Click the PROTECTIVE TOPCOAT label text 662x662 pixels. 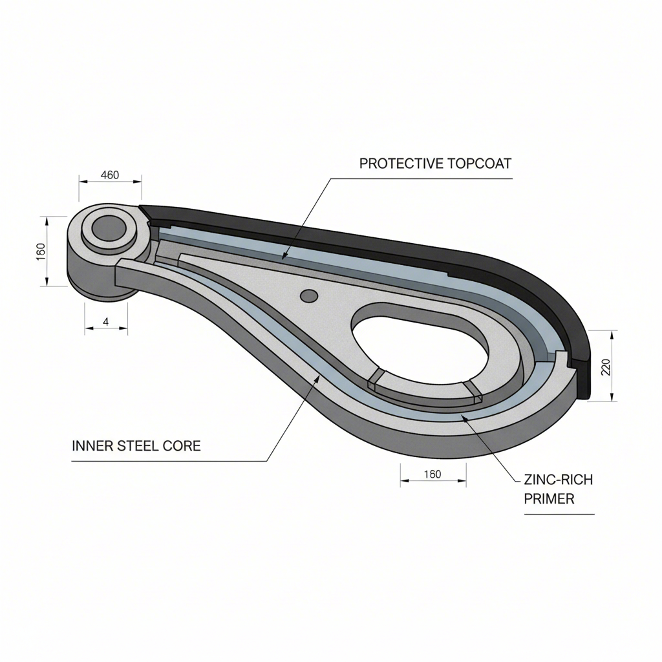tap(435, 164)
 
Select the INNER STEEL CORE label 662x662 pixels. tap(136, 446)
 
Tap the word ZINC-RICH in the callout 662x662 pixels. tap(557, 480)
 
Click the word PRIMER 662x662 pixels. tap(549, 499)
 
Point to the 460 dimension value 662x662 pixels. tap(111, 175)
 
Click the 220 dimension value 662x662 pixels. tap(606, 367)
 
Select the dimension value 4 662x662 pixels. tap(105, 321)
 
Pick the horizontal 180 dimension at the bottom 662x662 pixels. tap(432, 475)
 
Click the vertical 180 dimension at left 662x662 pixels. tap(40, 251)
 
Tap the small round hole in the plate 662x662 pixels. tap(310, 296)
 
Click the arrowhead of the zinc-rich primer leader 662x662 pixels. tap(462, 418)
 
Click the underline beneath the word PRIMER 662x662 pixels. tap(559, 514)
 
